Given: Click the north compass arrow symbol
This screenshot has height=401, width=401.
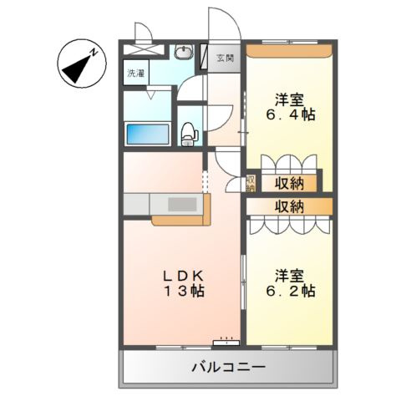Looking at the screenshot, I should (80, 65).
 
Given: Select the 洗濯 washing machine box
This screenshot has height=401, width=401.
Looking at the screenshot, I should (136, 73).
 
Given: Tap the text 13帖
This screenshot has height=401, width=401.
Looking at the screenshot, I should (184, 292).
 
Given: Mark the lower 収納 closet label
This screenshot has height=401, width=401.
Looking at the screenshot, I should (287, 206).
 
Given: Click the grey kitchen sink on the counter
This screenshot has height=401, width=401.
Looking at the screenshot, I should (179, 205).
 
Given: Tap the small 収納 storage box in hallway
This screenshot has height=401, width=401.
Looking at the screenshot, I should (251, 183).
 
